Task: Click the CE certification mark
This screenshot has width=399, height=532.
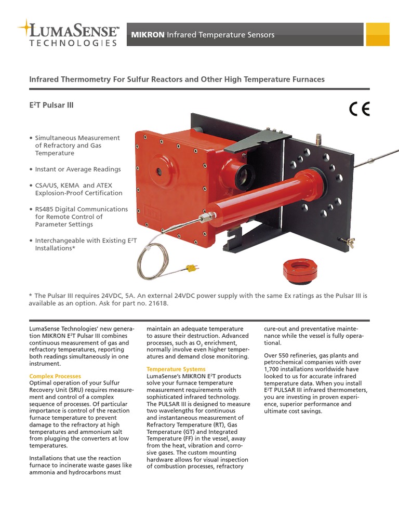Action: click(359, 109)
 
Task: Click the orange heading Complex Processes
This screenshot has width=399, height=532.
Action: click(55, 376)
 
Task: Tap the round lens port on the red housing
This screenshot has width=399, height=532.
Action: click(170, 172)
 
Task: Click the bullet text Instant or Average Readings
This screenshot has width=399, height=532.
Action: click(77, 169)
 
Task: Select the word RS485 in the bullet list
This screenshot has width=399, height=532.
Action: click(45, 209)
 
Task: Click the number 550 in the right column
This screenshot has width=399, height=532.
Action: click(286, 356)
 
